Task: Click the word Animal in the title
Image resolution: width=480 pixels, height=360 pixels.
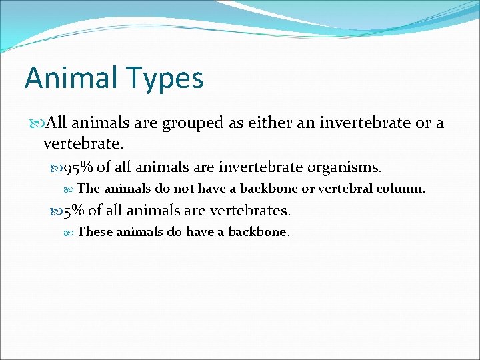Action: point(67,78)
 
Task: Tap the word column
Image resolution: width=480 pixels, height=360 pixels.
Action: point(401,189)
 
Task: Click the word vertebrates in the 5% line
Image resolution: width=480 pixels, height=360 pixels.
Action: point(250,211)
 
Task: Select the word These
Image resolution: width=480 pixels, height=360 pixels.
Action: point(95,232)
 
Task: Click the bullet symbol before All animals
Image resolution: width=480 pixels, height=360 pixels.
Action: point(36,123)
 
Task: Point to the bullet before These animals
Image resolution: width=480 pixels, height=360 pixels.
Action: point(71,233)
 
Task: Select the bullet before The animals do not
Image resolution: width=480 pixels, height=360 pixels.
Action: point(71,189)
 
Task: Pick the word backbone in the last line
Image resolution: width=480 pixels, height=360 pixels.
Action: point(257,232)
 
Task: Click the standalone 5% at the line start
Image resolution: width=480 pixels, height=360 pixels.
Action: point(73,211)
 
